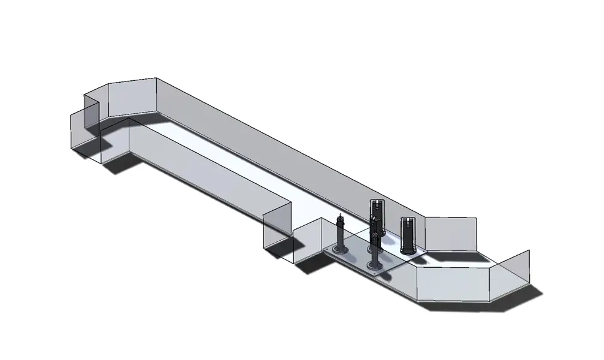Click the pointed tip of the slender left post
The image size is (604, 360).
tap(341, 214)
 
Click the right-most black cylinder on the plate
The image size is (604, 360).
tap(408, 235)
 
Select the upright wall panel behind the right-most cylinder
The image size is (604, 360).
tap(450, 234)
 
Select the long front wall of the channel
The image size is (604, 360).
tap(198, 174)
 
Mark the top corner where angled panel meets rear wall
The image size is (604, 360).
tap(156, 78)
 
